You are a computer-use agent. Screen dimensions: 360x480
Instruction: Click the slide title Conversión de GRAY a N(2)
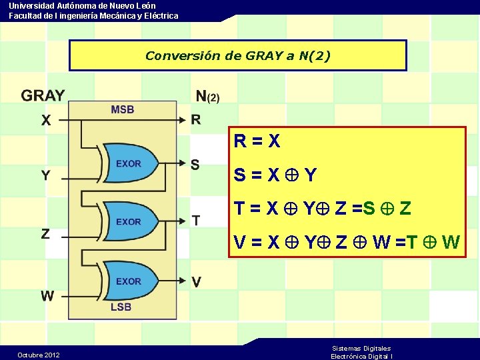pyautogui.click(x=237, y=55)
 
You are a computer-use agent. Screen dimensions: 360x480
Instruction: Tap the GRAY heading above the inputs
pyautogui.click(x=43, y=96)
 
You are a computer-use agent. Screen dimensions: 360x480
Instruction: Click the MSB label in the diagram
pyautogui.click(x=122, y=109)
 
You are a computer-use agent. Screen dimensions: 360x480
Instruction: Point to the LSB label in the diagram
pyautogui.click(x=121, y=307)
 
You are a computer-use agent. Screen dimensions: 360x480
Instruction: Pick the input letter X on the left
pyautogui.click(x=45, y=121)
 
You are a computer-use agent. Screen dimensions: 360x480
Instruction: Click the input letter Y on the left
pyautogui.click(x=45, y=175)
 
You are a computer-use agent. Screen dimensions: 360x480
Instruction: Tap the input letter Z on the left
pyautogui.click(x=45, y=233)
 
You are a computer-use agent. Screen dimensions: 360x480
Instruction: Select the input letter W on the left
pyautogui.click(x=47, y=295)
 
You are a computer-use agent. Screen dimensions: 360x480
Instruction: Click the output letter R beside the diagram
pyautogui.click(x=195, y=120)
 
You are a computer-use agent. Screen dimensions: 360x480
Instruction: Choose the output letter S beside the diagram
pyautogui.click(x=195, y=164)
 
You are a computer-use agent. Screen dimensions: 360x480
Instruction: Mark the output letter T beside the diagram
pyautogui.click(x=195, y=220)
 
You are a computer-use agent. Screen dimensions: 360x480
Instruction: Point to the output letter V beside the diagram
pyautogui.click(x=196, y=282)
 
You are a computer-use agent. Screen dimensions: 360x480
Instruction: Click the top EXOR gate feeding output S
pyautogui.click(x=130, y=163)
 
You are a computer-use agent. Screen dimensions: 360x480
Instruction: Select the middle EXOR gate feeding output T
pyautogui.click(x=130, y=221)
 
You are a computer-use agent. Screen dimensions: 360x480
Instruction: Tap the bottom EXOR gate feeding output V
pyautogui.click(x=130, y=281)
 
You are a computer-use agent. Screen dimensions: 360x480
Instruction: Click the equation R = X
pyautogui.click(x=257, y=141)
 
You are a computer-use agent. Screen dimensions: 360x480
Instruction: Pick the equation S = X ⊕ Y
pyautogui.click(x=275, y=175)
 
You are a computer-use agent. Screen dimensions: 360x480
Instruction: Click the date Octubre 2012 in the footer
pyautogui.click(x=39, y=355)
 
